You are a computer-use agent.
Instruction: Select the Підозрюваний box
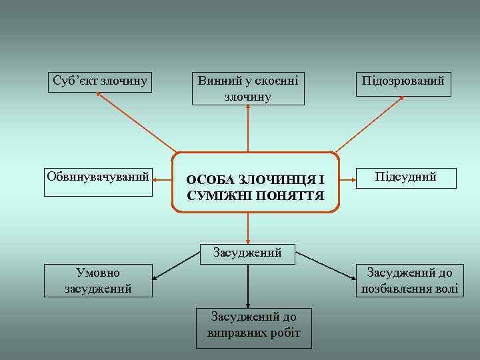pos(403,83)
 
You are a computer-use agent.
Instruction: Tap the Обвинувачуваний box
pos(98,182)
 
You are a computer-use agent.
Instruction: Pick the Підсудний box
pos(405,177)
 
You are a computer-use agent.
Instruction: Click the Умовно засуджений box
pos(98,280)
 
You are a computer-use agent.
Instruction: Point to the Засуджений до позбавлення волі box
pos(409,280)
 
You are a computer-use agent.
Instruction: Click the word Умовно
pos(98,273)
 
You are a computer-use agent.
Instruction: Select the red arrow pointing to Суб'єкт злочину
pos(137,122)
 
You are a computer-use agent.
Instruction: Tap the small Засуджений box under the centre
pos(247,253)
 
